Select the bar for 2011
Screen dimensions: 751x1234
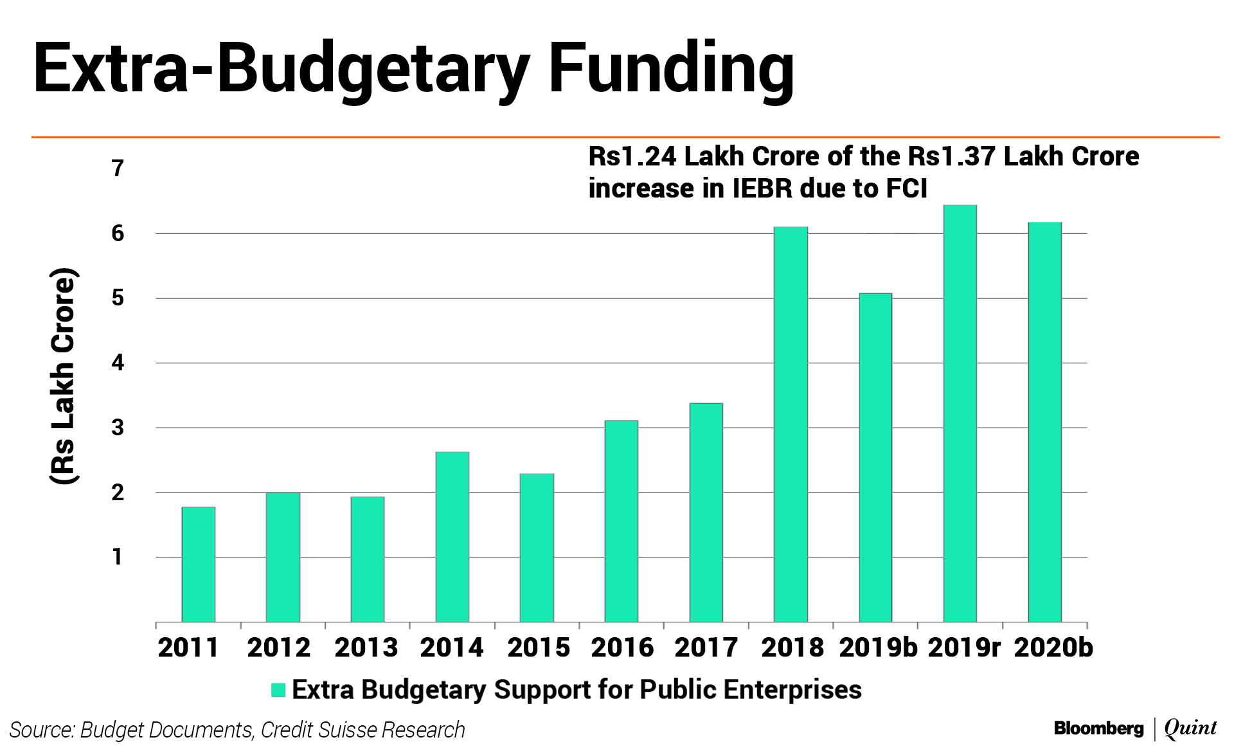[x=198, y=564]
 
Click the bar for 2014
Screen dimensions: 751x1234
[x=452, y=536]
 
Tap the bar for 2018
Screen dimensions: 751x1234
[x=791, y=424]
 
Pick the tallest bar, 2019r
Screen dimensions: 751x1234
[x=960, y=413]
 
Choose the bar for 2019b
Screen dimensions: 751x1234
[x=875, y=457]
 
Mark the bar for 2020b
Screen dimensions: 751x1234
[x=1044, y=422]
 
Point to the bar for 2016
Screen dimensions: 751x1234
[x=621, y=521]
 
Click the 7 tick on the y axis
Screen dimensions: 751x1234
[x=118, y=168]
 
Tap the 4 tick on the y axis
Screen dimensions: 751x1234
[x=118, y=363]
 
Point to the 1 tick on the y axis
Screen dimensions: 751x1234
[x=118, y=557]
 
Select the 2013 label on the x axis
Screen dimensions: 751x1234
[x=366, y=647]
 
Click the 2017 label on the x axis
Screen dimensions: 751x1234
[x=706, y=647]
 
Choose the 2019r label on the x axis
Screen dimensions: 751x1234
[x=963, y=647]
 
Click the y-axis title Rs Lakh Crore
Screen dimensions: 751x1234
[x=64, y=375]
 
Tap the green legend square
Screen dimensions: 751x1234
[x=278, y=690]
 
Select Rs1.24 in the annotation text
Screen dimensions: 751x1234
[x=632, y=156]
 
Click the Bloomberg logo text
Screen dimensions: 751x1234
[x=1098, y=728]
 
